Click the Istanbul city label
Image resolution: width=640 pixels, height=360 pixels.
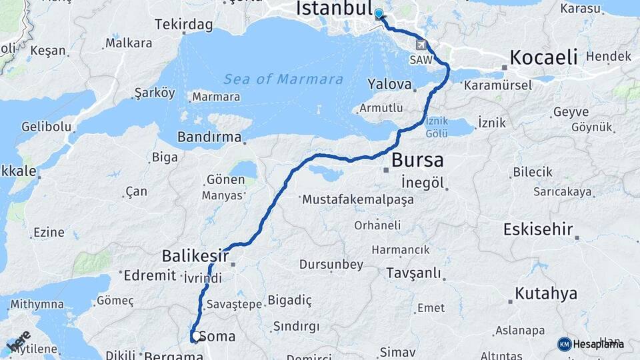coord(333,9)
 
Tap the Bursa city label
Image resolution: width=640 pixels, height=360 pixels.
coord(417,161)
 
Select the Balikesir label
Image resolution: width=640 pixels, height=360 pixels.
coord(195,256)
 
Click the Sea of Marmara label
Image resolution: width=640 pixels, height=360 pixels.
coord(283,79)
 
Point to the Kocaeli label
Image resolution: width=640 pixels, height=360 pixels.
coord(543,57)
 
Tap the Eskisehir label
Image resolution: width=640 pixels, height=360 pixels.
coord(538,230)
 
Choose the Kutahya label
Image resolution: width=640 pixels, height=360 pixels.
coord(546,293)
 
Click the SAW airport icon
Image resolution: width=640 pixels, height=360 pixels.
coord(421,45)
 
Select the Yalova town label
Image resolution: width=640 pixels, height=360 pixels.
coord(389,84)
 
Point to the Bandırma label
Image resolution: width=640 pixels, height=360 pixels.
coord(209,137)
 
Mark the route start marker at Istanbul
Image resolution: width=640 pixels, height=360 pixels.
coord(379,15)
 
